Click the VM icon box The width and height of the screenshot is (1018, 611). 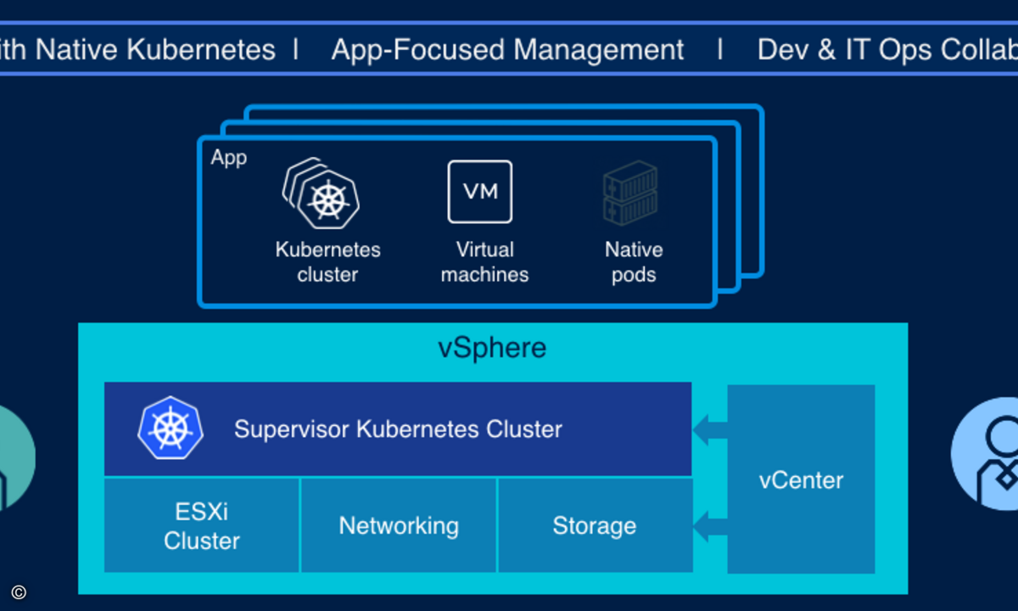480,192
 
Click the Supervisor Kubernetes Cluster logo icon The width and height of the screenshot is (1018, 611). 171,428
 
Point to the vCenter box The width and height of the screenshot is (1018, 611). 801,479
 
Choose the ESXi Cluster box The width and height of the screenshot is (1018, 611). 202,526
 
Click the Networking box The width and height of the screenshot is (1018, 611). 399,526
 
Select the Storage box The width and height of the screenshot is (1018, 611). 594,526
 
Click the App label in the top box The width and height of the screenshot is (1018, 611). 229,158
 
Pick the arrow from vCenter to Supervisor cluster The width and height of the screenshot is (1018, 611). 710,429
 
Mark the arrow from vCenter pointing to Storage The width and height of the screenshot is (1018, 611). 710,527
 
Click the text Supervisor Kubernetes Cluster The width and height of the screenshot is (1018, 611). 398,429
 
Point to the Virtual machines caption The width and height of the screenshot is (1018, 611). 484,262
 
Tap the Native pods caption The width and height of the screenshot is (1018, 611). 634,262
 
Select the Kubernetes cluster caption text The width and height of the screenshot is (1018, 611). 328,262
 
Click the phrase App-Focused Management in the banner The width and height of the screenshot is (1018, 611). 507,50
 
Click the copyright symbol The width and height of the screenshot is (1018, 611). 19,592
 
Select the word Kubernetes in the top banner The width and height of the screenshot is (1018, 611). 201,50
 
